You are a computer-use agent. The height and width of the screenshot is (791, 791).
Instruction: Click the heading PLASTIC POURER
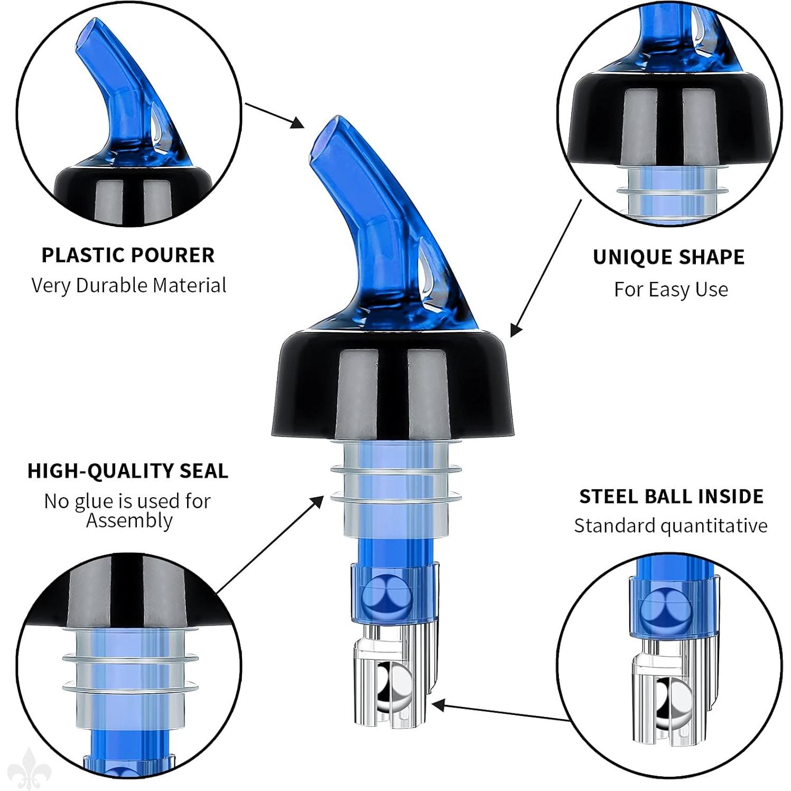coord(128,255)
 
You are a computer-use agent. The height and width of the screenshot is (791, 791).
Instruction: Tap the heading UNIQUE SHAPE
coord(668,257)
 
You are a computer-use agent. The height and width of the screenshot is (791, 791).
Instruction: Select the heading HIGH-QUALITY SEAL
coord(128,471)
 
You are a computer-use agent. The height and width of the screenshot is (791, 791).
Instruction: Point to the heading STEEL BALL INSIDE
coord(671,497)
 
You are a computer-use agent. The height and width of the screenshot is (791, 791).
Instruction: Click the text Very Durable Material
coord(128,285)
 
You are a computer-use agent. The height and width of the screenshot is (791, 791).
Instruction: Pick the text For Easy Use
coord(671,290)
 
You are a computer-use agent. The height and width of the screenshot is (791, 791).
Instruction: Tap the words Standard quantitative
coord(671,526)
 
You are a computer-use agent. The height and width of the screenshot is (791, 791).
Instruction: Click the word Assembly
coord(129,521)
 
